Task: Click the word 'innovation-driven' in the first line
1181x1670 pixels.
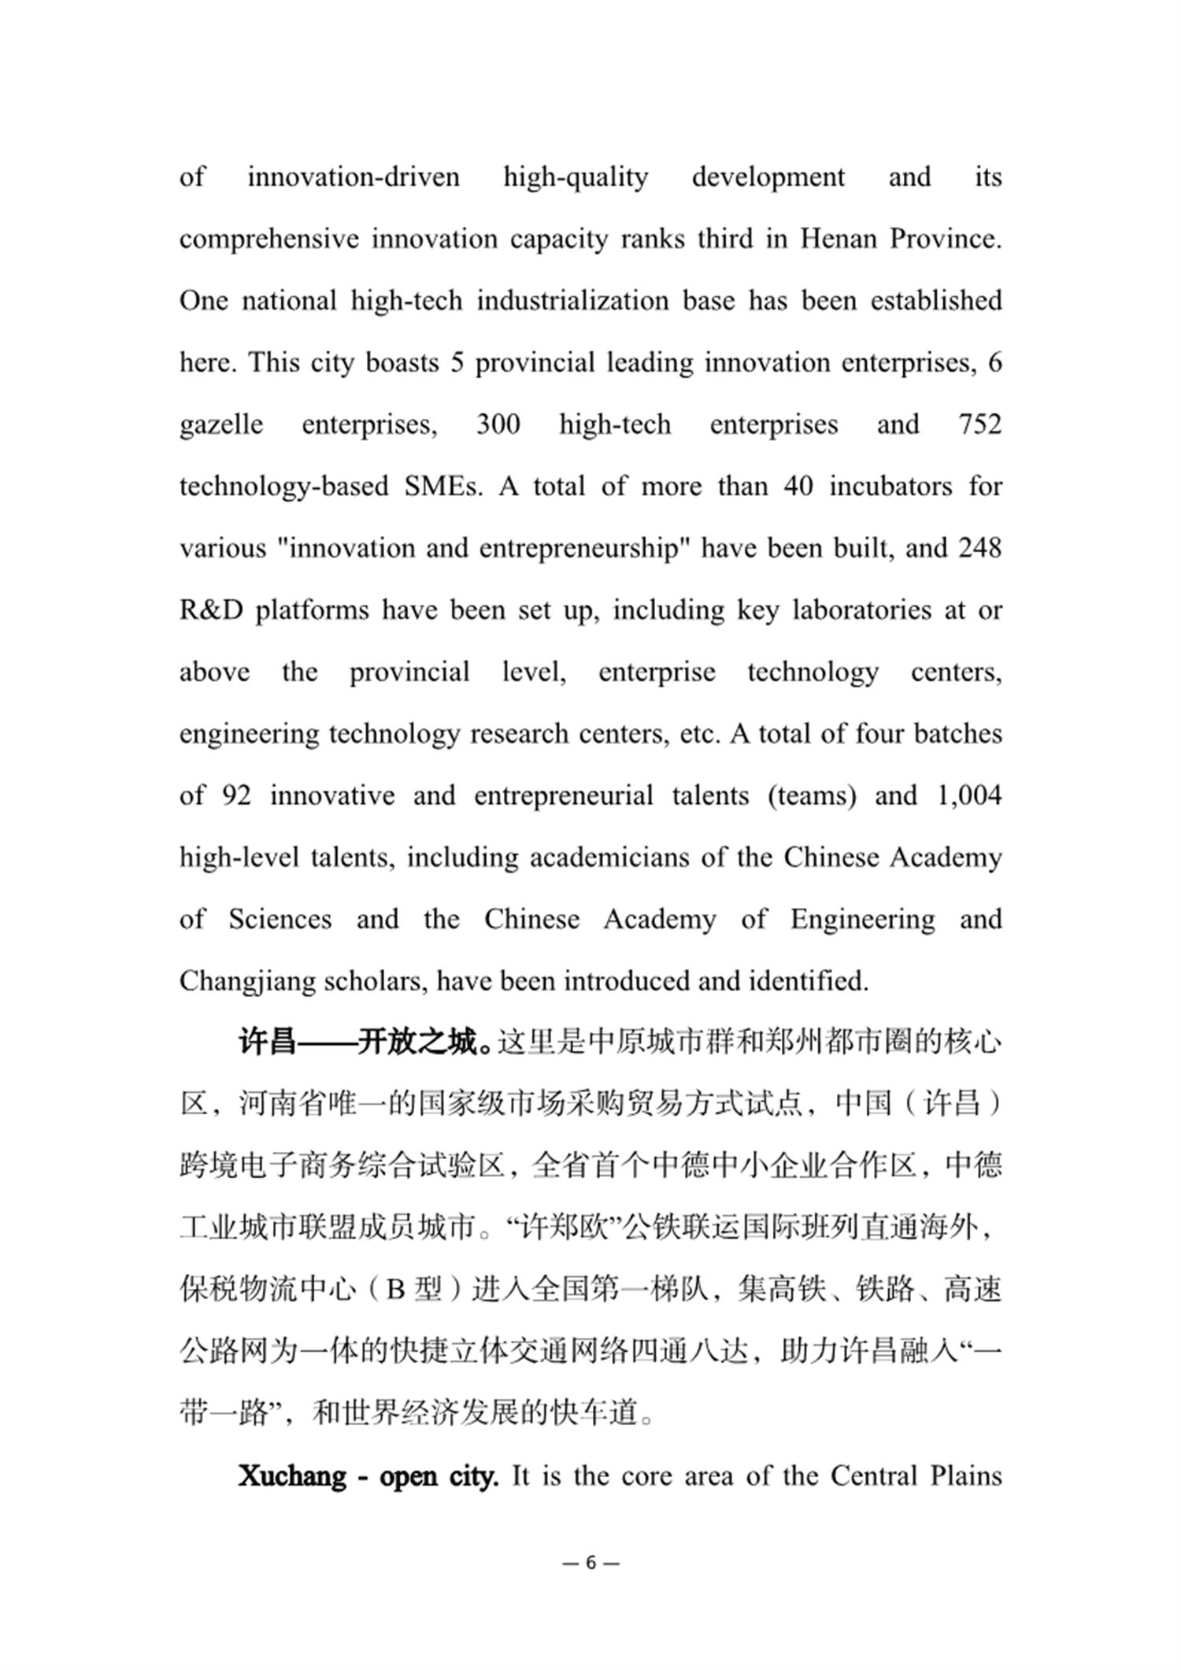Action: tap(354, 176)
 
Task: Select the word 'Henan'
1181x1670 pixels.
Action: tap(839, 239)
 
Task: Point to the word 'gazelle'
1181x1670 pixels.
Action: tap(221, 425)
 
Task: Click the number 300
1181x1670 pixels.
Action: tap(498, 424)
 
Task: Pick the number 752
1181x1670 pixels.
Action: tap(979, 424)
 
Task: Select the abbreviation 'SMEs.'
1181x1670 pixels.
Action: tap(442, 486)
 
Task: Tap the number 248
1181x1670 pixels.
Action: tap(979, 548)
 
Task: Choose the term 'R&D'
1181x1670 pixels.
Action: tap(211, 610)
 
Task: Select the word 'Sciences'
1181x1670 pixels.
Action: tap(280, 919)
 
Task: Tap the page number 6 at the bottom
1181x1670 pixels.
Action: tap(591, 1563)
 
